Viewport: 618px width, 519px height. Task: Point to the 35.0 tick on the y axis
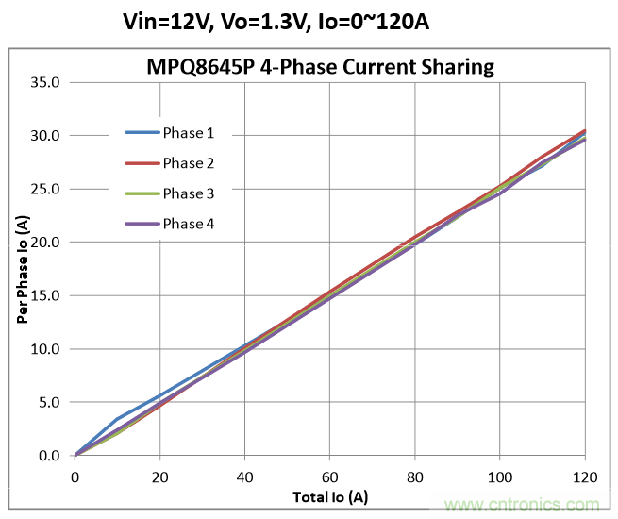pyautogui.click(x=46, y=82)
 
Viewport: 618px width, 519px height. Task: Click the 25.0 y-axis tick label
pyautogui.click(x=46, y=189)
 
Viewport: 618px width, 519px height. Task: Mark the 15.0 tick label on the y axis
pyautogui.click(x=46, y=295)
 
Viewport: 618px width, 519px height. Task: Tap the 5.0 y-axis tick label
pyautogui.click(x=49, y=402)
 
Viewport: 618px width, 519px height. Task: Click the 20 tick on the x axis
pyautogui.click(x=160, y=477)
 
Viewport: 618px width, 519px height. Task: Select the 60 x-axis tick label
pyautogui.click(x=330, y=477)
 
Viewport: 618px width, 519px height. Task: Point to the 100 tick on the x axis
pyautogui.click(x=500, y=477)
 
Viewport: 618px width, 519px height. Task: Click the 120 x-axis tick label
pyautogui.click(x=585, y=477)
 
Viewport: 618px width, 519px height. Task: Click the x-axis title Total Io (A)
pyautogui.click(x=329, y=495)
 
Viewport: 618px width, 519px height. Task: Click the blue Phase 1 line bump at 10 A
pyautogui.click(x=117, y=419)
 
